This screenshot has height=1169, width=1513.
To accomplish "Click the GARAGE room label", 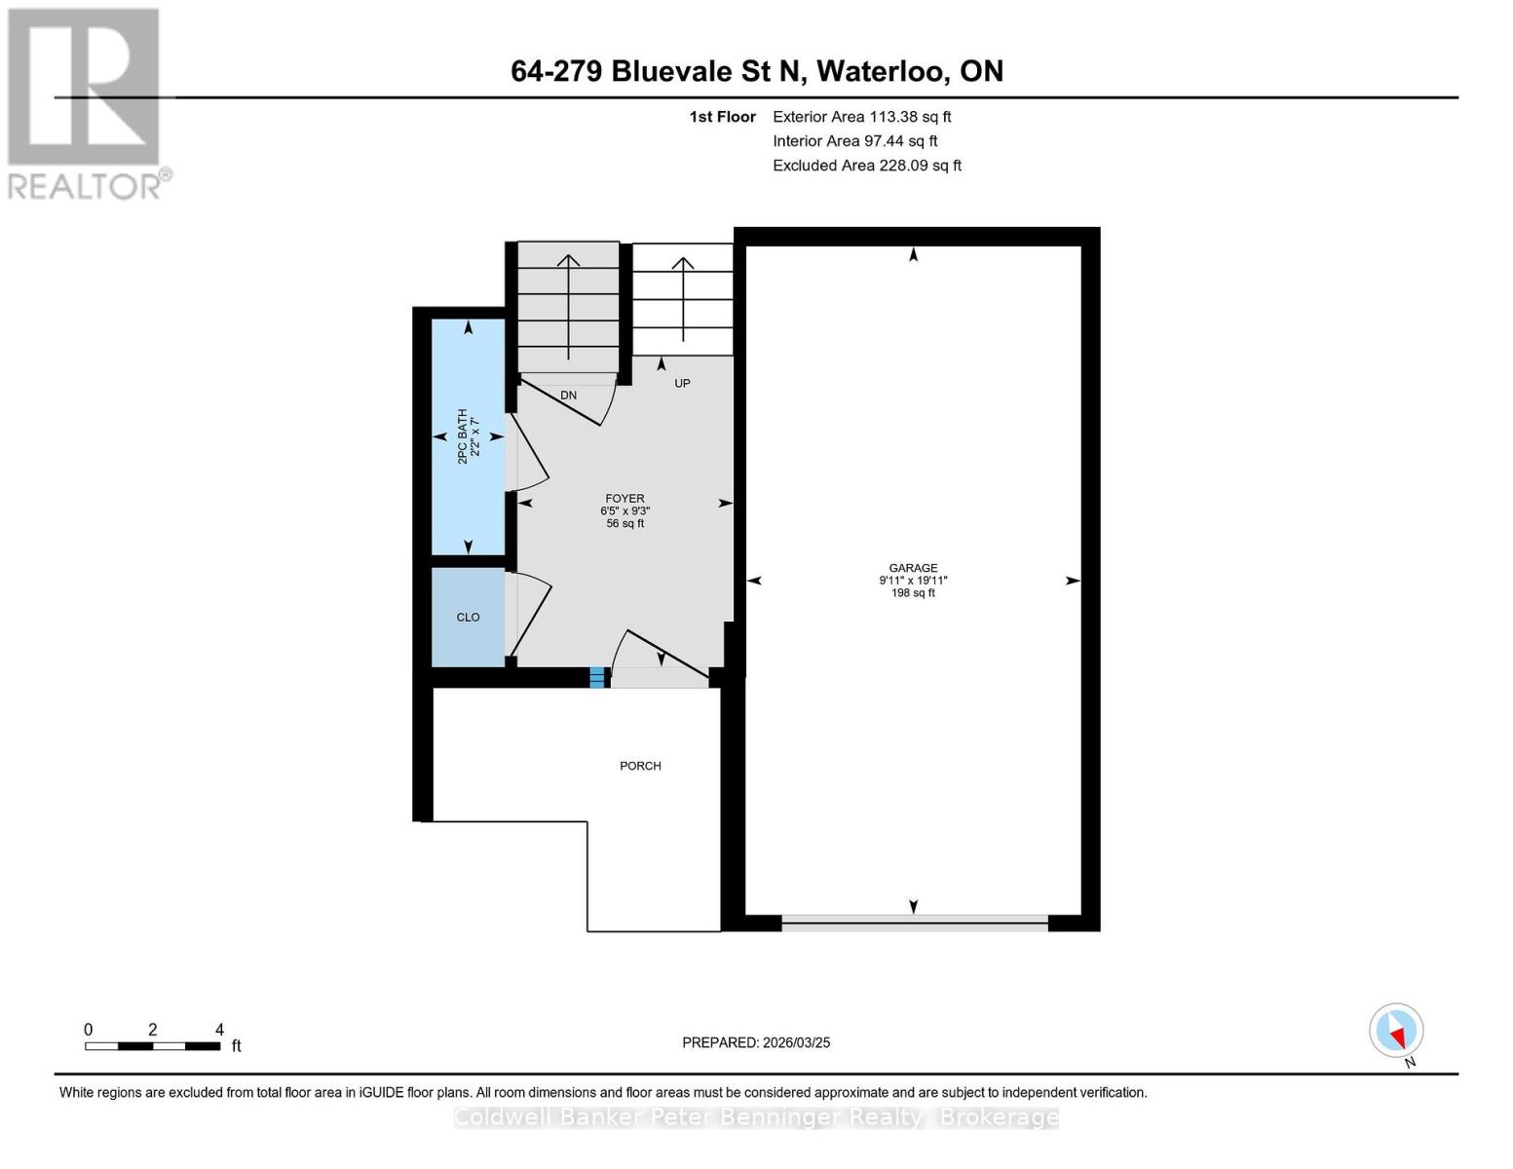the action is (913, 567).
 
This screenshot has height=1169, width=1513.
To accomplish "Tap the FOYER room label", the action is (624, 499).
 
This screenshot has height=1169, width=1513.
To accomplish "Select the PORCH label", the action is (640, 766).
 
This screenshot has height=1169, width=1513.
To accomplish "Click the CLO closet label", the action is (468, 617).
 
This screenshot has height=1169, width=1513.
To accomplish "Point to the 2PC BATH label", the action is (463, 436).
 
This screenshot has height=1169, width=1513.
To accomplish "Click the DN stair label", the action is (568, 395).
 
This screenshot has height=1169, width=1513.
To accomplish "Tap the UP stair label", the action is (682, 383).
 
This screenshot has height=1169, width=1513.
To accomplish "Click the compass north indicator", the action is (1396, 1031).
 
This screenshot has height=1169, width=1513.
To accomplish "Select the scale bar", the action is (153, 1045).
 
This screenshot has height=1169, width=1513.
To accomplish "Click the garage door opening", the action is (914, 924).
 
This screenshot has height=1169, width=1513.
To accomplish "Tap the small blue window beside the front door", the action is (596, 677).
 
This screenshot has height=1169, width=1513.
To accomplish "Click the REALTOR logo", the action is (87, 104).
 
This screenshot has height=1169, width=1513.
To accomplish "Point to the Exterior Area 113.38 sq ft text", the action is (861, 117).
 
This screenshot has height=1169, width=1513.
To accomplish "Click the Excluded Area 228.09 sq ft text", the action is (867, 166).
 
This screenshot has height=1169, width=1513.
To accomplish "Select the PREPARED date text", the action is (756, 1042).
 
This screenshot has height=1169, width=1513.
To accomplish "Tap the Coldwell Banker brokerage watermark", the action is (756, 1117).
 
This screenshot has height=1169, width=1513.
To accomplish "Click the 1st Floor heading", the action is (722, 117).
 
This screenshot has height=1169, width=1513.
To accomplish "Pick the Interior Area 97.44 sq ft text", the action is (855, 141).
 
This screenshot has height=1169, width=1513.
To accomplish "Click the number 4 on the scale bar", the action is (219, 1029).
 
